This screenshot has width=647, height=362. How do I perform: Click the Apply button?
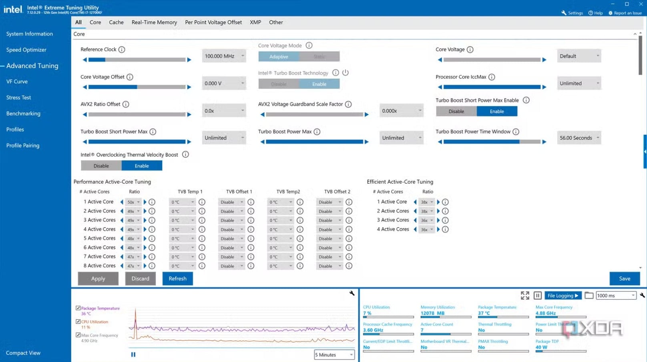click(x=98, y=278)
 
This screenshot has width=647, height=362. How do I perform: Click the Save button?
click(x=624, y=278)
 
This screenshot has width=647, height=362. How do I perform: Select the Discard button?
click(x=140, y=278)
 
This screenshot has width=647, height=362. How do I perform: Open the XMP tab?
click(x=255, y=22)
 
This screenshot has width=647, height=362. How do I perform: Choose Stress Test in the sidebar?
click(x=18, y=98)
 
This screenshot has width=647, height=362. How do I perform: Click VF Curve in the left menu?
click(x=17, y=82)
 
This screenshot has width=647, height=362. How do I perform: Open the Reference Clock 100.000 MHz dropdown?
click(x=224, y=56)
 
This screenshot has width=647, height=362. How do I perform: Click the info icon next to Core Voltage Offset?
click(x=130, y=77)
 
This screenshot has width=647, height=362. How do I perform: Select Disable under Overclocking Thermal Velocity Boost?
click(x=101, y=166)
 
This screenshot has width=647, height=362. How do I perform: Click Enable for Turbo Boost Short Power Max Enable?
click(x=496, y=111)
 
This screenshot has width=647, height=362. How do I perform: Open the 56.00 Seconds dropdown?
click(x=579, y=138)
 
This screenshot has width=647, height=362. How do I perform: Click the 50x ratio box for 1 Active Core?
click(x=133, y=202)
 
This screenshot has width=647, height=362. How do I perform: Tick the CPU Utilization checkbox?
click(x=78, y=322)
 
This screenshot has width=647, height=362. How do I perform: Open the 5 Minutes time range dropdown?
click(x=334, y=355)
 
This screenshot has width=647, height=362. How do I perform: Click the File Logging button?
click(x=563, y=296)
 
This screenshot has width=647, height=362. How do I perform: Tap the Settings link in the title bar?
click(x=572, y=13)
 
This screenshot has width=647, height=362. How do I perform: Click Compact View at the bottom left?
click(x=23, y=353)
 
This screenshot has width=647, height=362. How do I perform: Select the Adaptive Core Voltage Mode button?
click(x=279, y=56)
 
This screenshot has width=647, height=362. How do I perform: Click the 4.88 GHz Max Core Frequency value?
click(x=545, y=313)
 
